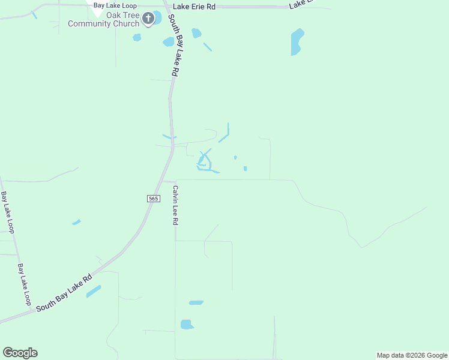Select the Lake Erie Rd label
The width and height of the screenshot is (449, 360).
pyautogui.click(x=193, y=6)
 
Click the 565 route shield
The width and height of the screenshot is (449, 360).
pyautogui.click(x=152, y=199)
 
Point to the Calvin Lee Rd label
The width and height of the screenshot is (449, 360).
pyautogui.click(x=176, y=205)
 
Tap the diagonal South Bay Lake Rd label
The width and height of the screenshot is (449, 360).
pyautogui.click(x=64, y=293)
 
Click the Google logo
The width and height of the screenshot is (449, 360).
pyautogui.click(x=20, y=353)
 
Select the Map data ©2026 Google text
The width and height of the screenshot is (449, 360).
pyautogui.click(x=412, y=355)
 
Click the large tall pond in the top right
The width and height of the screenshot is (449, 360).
pyautogui.click(x=297, y=42)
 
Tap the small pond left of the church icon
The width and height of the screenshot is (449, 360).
pyautogui.click(x=137, y=37)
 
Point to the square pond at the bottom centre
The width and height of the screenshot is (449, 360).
pyautogui.click(x=187, y=325)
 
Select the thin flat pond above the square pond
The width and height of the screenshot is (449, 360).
pyautogui.click(x=196, y=302)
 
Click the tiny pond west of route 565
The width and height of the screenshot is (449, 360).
pyautogui.click(x=76, y=222)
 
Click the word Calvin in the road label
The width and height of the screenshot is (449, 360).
pyautogui.click(x=176, y=194)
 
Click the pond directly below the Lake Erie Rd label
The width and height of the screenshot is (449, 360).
pyautogui.click(x=196, y=33)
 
